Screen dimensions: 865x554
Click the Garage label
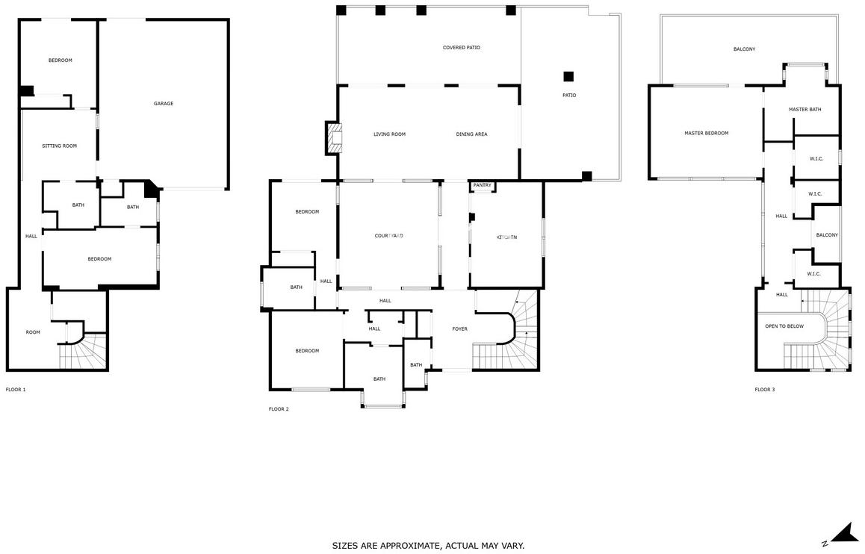pyautogui.click(x=164, y=103)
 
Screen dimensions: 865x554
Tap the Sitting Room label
pyautogui.click(x=60, y=146)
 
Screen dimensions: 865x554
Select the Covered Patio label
pyautogui.click(x=461, y=47)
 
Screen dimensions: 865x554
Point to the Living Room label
pyautogui.click(x=389, y=134)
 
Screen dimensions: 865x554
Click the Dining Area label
pyautogui.click(x=471, y=134)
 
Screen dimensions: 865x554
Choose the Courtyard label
pyautogui.click(x=389, y=236)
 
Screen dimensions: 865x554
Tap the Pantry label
pyautogui.click(x=482, y=185)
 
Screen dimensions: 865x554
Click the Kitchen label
pyautogui.click(x=507, y=237)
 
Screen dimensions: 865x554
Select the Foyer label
pyautogui.click(x=459, y=329)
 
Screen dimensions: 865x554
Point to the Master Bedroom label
pyautogui.click(x=706, y=133)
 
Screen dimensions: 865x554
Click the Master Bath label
pyautogui.click(x=805, y=109)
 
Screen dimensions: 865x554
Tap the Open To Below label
pyautogui.click(x=784, y=326)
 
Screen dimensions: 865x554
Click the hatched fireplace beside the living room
pyautogui.click(x=335, y=138)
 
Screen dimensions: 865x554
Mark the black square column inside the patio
pyautogui.click(x=568, y=77)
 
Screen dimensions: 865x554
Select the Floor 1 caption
pyautogui.click(x=16, y=390)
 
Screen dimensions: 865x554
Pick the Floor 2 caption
pyautogui.click(x=279, y=409)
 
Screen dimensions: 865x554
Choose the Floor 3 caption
pyautogui.click(x=765, y=390)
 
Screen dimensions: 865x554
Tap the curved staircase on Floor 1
pyautogui.click(x=84, y=351)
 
